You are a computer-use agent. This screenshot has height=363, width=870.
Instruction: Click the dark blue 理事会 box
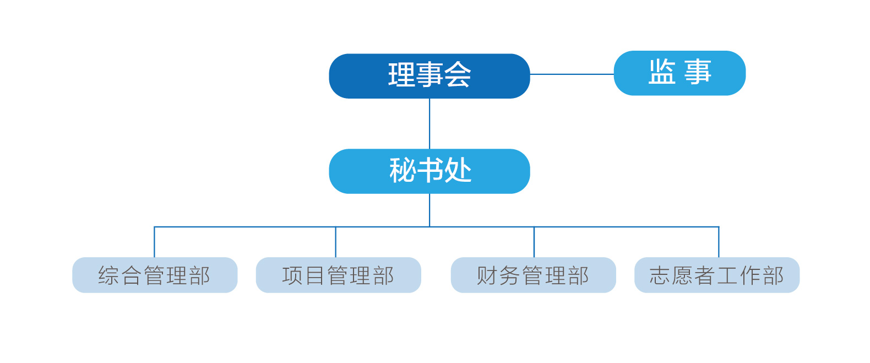(429, 76)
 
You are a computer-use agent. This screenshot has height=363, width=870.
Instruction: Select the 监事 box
(679, 73)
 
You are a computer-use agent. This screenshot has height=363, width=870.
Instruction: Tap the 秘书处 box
(429, 171)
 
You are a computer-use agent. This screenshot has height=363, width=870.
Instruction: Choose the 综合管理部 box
(155, 275)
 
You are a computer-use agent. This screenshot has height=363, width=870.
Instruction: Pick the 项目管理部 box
(338, 275)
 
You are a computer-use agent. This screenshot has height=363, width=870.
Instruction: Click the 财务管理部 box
(533, 275)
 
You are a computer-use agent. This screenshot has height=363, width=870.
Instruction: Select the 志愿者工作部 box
(717, 275)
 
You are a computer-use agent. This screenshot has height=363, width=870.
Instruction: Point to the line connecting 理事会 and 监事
(572, 74)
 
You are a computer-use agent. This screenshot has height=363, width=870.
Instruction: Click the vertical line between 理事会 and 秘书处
(429, 123)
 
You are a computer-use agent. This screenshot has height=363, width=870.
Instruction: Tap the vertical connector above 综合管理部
(154, 242)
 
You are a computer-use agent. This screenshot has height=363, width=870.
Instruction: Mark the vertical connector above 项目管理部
(335, 242)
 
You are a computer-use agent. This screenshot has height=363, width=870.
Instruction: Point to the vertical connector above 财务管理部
(534, 242)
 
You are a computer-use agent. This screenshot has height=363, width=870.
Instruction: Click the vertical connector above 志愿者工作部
(719, 242)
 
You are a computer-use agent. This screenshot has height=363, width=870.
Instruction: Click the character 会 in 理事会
(458, 75)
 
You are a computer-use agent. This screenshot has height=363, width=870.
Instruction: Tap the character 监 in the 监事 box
(662, 72)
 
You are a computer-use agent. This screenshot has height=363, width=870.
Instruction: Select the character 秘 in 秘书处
(403, 170)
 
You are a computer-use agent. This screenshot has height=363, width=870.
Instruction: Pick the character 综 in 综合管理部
(108, 275)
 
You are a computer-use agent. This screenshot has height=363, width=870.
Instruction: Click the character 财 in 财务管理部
(487, 275)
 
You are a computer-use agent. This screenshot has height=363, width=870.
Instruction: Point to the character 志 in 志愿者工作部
(660, 275)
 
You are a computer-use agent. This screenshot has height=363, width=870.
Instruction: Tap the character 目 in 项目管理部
(315, 275)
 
